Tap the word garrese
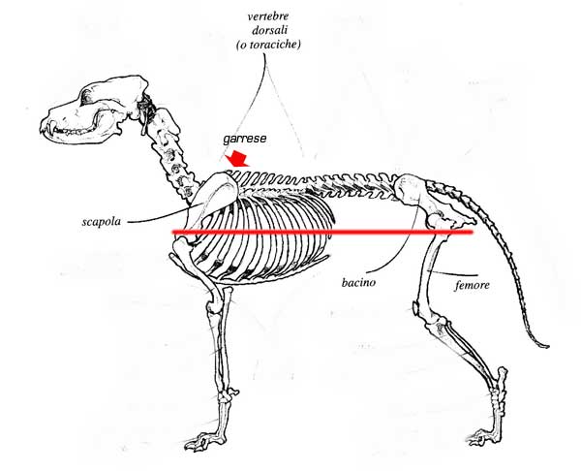tap(245, 138)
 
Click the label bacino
tap(358, 284)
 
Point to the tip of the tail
tap(546, 345)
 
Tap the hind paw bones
tap(481, 435)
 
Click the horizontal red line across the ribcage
tap(320, 233)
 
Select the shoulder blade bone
tap(204, 207)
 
